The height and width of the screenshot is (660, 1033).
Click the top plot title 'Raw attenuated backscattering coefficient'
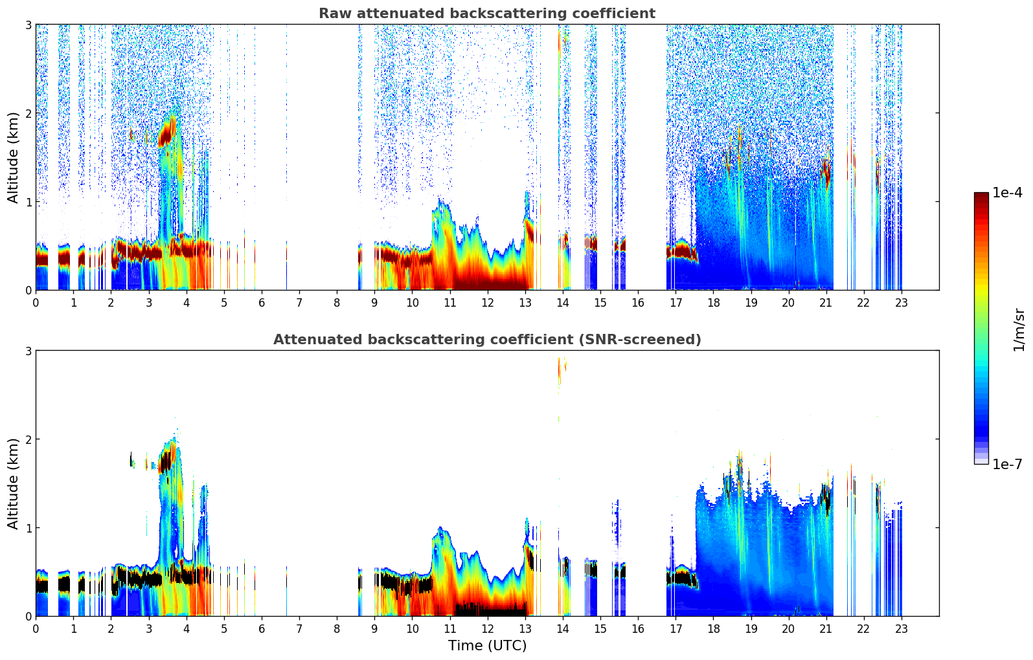pyautogui.click(x=486, y=14)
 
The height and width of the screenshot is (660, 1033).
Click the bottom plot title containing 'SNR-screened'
pyautogui.click(x=486, y=340)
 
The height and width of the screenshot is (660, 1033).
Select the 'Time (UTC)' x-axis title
pyautogui.click(x=487, y=645)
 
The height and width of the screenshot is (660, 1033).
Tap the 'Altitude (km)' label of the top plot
pyautogui.click(x=14, y=157)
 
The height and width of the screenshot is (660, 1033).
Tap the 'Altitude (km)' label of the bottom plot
pyautogui.click(x=14, y=483)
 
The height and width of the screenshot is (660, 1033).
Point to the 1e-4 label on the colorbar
pyautogui.click(x=1007, y=193)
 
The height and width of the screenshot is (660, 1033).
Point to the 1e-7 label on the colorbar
pyautogui.click(x=1007, y=464)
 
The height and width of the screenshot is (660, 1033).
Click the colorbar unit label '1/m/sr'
pyautogui.click(x=1019, y=329)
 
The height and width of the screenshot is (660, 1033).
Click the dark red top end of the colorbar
pyautogui.click(x=981, y=195)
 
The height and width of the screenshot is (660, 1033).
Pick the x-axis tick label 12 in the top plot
pyautogui.click(x=487, y=302)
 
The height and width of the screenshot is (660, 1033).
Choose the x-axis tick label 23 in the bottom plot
pyautogui.click(x=902, y=628)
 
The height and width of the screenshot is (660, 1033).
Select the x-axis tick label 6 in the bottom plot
pyautogui.click(x=262, y=628)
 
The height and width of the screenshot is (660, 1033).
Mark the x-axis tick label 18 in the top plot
pyautogui.click(x=713, y=302)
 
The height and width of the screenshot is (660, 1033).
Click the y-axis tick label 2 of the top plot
pyautogui.click(x=28, y=113)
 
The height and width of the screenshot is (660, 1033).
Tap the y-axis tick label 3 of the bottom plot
pyautogui.click(x=28, y=351)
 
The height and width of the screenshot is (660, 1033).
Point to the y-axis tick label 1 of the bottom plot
pyautogui.click(x=28, y=528)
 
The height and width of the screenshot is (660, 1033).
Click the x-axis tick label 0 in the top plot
pyautogui.click(x=36, y=302)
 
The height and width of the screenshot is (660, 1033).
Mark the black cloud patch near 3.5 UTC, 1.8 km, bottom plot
pyautogui.click(x=165, y=461)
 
